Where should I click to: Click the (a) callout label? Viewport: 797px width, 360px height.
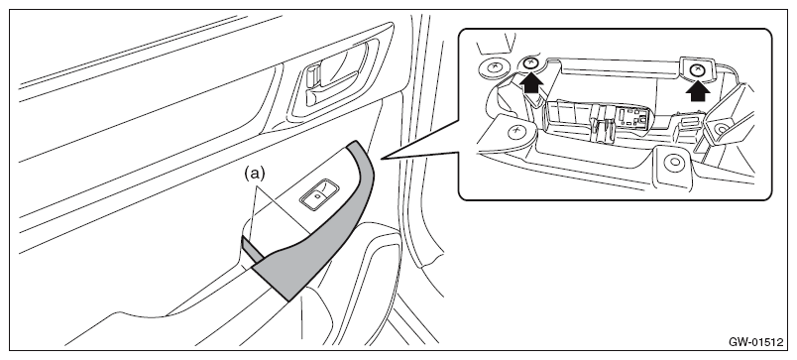255,174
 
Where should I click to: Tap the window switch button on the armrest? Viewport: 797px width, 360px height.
319,194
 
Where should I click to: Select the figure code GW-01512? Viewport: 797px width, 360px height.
755,342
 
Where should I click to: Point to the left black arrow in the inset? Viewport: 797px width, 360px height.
531,82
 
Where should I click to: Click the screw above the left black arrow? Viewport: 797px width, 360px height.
530,63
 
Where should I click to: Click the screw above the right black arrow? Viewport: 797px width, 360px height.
699,70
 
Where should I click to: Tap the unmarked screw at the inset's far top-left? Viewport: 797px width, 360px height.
493,66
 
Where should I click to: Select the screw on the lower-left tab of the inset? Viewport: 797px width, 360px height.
516,131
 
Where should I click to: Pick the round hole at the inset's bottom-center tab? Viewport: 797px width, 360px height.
674,163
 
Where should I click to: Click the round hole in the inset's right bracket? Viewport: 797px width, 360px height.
722,129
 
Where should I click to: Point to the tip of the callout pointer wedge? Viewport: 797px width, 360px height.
382,159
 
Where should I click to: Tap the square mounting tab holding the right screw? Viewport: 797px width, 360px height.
699,68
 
